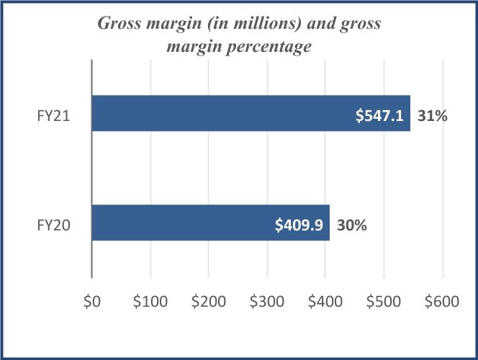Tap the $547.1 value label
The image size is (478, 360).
click(382, 114)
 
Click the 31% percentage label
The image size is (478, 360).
click(433, 114)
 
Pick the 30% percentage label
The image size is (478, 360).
click(353, 224)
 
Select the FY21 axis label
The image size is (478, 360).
click(54, 114)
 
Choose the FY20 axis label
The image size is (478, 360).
click(54, 224)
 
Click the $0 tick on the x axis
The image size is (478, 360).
click(91, 302)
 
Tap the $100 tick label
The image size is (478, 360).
click(150, 302)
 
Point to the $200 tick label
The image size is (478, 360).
click(209, 302)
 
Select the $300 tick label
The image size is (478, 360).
click(267, 302)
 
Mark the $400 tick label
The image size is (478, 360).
click(325, 302)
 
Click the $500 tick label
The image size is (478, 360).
click(384, 302)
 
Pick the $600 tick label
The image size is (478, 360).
click(443, 302)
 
